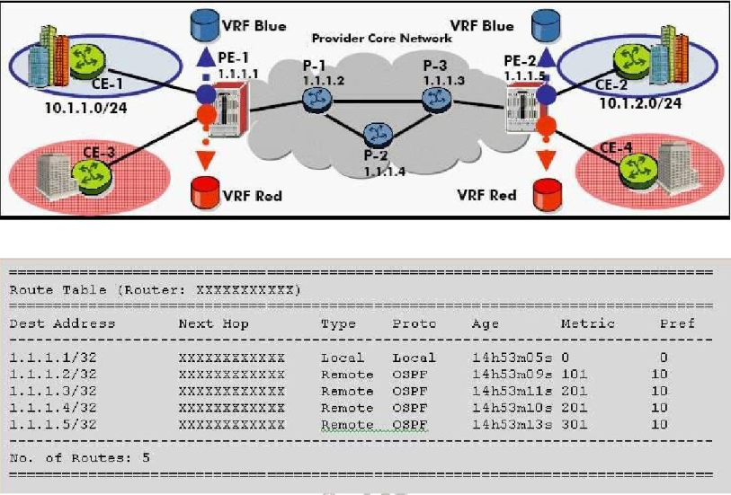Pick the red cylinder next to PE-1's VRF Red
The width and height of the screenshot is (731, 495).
204,191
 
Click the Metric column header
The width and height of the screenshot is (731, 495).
587,323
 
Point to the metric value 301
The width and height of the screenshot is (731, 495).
575,424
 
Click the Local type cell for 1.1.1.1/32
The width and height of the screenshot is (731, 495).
338,358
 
